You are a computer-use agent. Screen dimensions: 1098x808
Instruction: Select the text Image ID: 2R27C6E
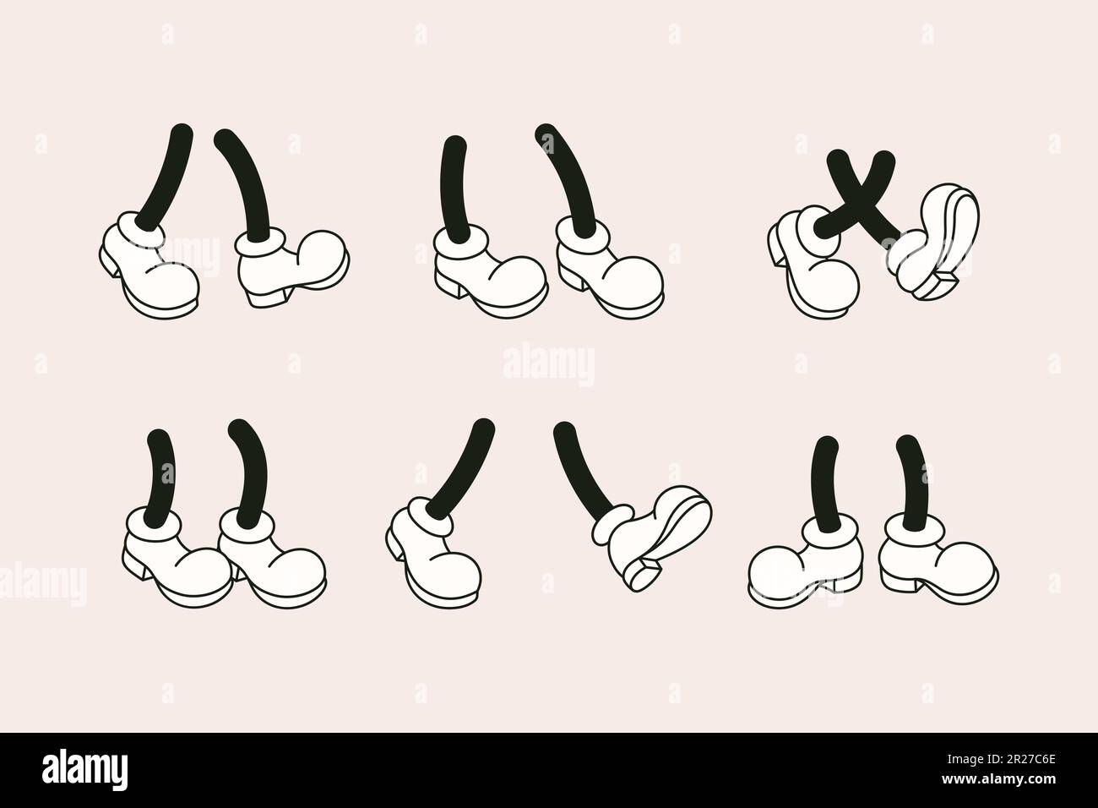[x=1001, y=760]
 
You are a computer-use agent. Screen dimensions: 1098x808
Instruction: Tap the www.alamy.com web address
[x=998, y=779]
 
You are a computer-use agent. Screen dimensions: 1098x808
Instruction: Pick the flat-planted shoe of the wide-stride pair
[x=434, y=554]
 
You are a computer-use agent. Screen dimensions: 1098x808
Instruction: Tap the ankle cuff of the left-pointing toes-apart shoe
[x=830, y=535]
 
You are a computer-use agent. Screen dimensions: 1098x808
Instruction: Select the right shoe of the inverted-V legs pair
[x=292, y=267]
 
